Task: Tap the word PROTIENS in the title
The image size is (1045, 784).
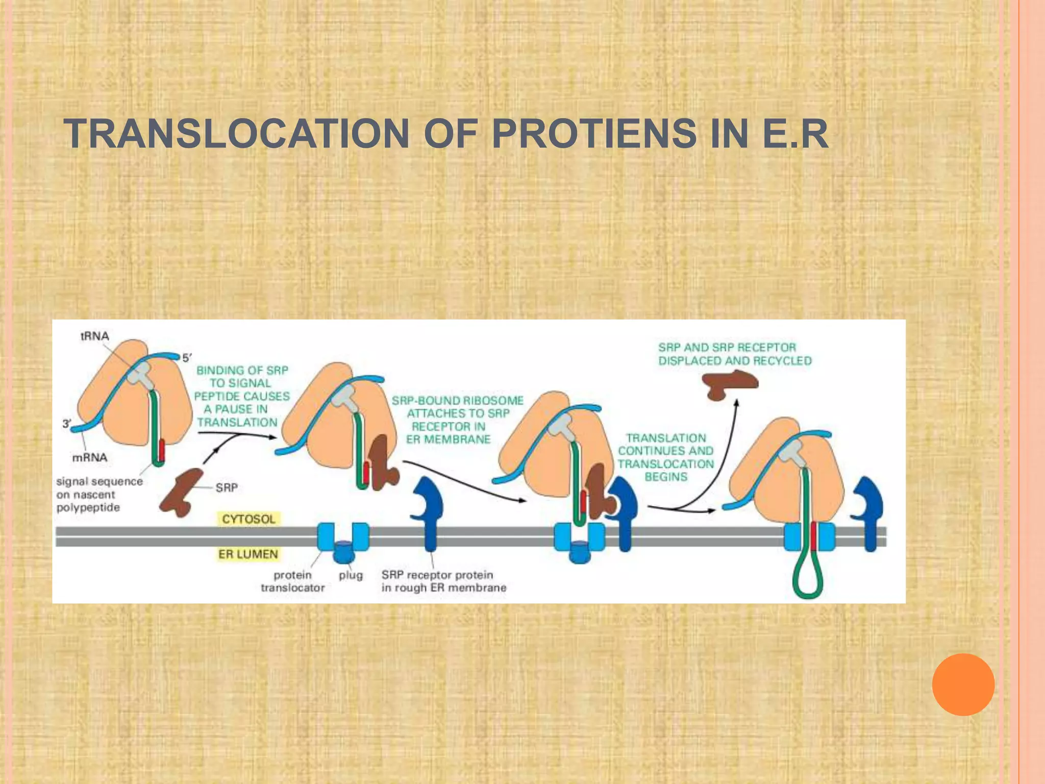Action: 594,134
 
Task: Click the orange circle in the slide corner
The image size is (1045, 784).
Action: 963,684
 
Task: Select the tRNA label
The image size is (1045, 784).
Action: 95,336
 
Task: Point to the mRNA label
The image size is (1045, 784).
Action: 90,457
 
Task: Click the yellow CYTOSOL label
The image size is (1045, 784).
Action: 248,519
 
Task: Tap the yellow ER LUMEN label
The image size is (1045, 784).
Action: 248,554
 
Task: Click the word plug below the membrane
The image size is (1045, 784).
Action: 351,575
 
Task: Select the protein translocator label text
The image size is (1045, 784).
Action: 293,581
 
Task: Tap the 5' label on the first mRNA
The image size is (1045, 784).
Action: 187,358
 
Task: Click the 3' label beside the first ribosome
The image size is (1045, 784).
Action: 67,424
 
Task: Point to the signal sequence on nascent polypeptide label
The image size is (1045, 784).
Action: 99,495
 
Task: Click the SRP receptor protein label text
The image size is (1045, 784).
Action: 443,581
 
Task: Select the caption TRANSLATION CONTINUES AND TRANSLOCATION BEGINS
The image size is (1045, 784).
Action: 665,457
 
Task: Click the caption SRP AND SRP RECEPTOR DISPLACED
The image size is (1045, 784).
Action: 734,354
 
